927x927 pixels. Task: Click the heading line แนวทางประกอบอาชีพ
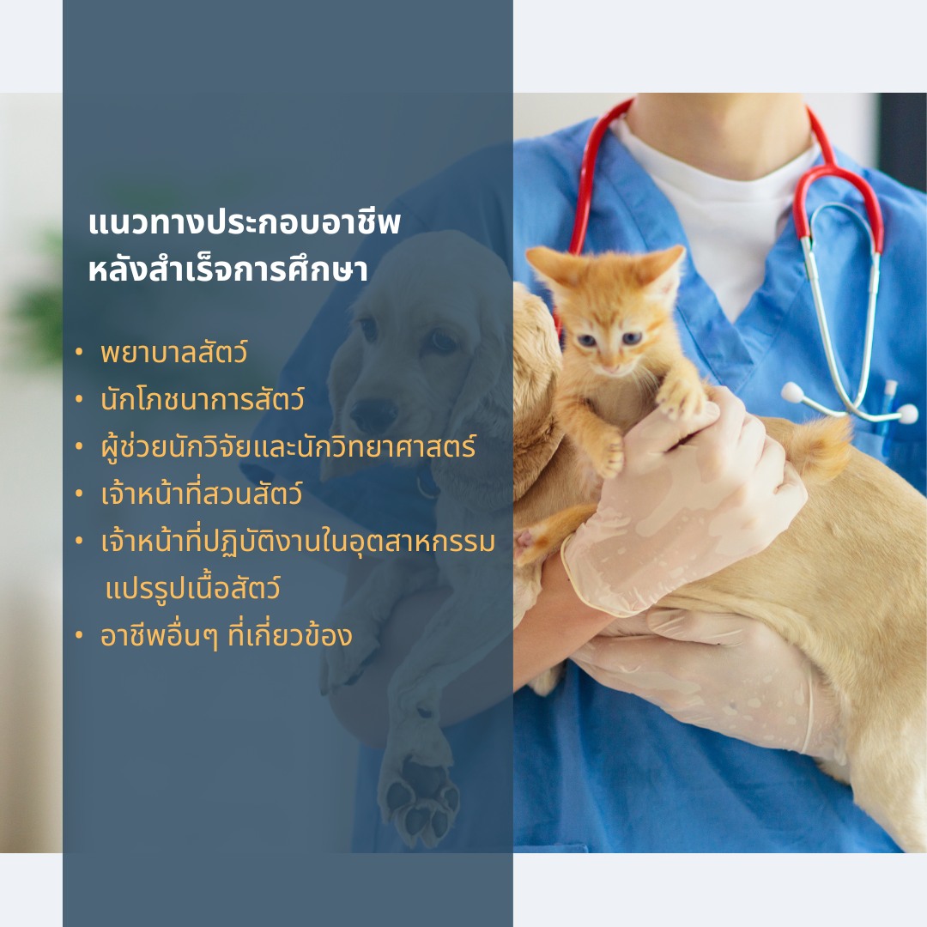pyautogui.click(x=244, y=223)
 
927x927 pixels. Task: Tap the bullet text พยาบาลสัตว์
pyautogui.click(x=173, y=353)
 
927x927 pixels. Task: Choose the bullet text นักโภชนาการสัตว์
pyautogui.click(x=203, y=400)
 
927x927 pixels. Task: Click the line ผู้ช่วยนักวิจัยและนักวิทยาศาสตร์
pyautogui.click(x=288, y=447)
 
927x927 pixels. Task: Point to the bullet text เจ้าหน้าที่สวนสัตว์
pyautogui.click(x=202, y=494)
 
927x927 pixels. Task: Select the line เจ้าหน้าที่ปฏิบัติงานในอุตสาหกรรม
pyautogui.click(x=298, y=542)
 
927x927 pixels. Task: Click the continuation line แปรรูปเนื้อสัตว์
pyautogui.click(x=193, y=589)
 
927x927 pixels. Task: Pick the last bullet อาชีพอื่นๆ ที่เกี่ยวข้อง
pyautogui.click(x=227, y=636)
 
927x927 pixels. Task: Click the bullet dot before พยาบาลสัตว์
pyautogui.click(x=79, y=353)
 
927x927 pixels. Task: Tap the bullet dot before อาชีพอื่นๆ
pyautogui.click(x=79, y=636)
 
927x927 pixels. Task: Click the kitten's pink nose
pyautogui.click(x=611, y=367)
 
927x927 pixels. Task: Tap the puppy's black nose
pyautogui.click(x=373, y=413)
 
